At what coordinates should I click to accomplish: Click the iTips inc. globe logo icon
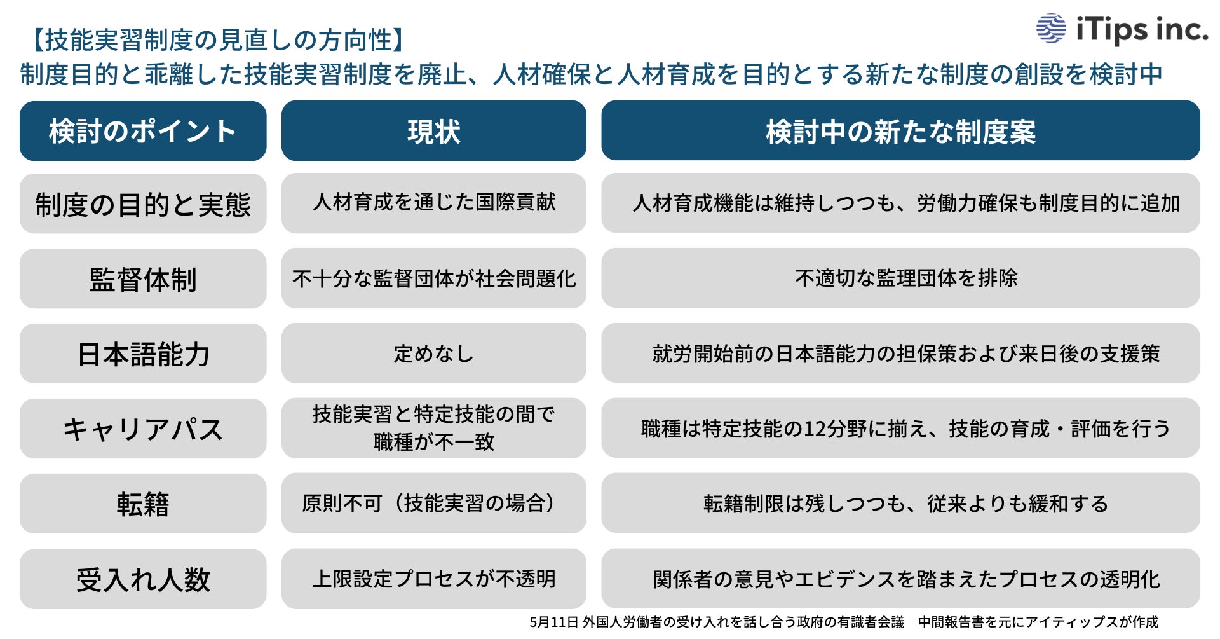point(1051,28)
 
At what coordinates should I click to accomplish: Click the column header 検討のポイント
point(143,131)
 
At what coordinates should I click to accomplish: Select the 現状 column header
point(433,131)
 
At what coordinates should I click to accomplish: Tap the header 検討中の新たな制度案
point(900,131)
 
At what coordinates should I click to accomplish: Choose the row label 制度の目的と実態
point(143,204)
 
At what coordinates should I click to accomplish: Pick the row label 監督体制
point(143,279)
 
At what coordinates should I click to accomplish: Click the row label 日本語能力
point(143,354)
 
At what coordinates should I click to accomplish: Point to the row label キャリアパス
point(143,429)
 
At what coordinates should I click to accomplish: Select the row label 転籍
point(143,504)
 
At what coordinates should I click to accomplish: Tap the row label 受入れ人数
point(143,579)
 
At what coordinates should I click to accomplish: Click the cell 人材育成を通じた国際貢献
point(433,203)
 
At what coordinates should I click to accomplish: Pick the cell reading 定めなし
point(433,354)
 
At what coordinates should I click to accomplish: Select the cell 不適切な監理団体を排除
point(905,278)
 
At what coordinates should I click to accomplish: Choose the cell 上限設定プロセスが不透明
point(433,579)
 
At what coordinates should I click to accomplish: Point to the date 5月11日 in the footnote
point(553,622)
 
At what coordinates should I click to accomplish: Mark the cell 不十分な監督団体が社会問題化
point(433,278)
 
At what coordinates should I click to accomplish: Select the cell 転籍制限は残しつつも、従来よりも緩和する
point(905,504)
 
